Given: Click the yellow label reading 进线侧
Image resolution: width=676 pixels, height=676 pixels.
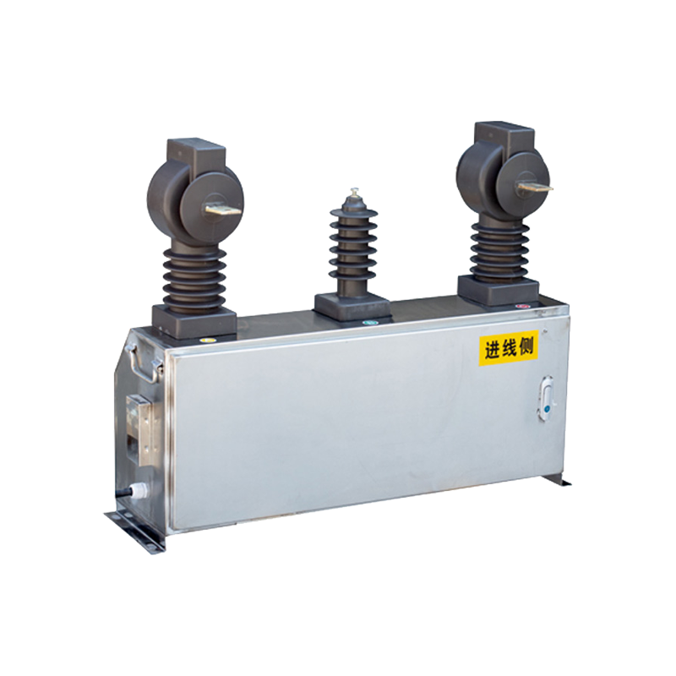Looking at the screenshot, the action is pos(509,347).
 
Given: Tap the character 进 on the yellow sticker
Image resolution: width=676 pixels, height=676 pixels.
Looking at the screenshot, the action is pos(493,350).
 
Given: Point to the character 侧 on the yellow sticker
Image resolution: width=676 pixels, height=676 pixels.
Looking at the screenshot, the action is pos(526,346).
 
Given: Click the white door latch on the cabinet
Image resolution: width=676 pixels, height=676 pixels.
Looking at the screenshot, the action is pos(546,399).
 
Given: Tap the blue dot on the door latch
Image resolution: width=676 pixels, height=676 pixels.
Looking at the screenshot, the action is pos(547,409).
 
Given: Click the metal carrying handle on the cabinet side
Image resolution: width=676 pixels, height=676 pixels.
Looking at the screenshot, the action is pos(144,363).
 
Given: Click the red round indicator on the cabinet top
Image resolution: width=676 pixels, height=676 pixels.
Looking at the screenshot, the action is pos(522,307).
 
